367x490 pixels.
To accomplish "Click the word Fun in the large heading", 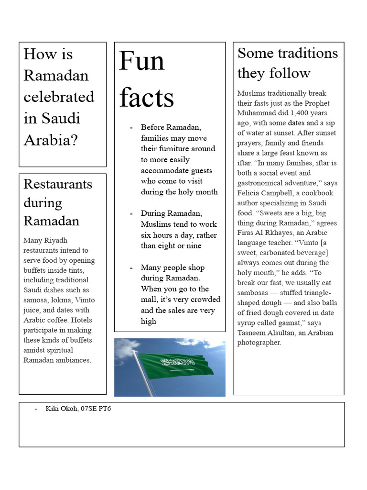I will [x=141, y=61].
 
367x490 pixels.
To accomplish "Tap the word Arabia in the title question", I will [x=50, y=140].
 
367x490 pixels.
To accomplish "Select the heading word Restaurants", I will [x=58, y=184].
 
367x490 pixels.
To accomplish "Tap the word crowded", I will [x=205, y=300].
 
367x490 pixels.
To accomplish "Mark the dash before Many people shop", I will [x=131, y=267].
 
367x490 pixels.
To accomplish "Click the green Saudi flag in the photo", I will [x=175, y=365].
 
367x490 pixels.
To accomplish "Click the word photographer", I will [x=259, y=343].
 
